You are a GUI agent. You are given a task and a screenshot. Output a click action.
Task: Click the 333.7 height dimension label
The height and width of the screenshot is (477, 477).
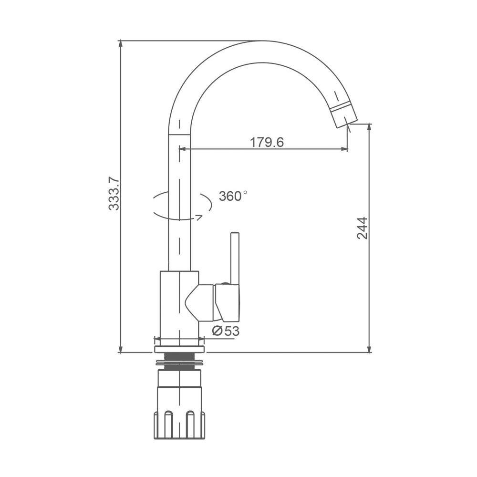coord(114,194)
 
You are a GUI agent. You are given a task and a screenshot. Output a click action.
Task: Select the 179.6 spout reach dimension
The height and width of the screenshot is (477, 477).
coord(267,142)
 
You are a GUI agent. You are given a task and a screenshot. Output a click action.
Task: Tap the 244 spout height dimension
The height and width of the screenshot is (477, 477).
coord(363,228)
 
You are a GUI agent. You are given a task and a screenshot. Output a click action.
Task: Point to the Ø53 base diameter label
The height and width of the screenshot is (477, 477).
coord(226,331)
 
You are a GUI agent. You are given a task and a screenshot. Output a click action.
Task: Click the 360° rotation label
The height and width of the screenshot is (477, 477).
coord(233,196)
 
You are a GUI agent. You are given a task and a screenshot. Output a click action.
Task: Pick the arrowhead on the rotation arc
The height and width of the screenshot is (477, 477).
coord(199,217)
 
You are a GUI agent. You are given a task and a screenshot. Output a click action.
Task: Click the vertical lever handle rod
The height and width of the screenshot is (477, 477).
coord(235,258)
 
